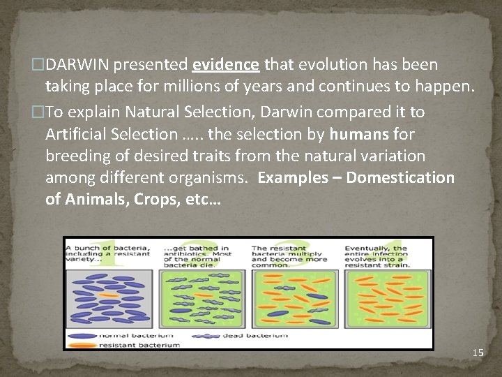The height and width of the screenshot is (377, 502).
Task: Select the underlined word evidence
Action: [x=226, y=65]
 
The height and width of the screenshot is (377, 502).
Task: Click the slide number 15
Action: [x=478, y=353]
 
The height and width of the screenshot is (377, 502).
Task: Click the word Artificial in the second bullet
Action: [x=75, y=133]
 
